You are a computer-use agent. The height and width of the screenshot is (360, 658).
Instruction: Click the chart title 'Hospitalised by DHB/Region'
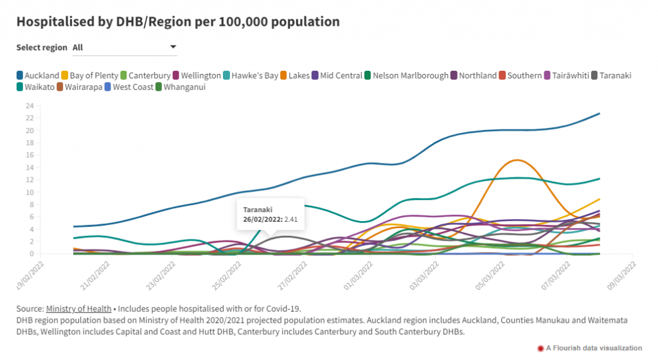(177, 21)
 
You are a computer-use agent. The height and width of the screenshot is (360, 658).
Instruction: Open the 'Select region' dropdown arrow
(173, 47)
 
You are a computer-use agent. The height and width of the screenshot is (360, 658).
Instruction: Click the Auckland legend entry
(39, 75)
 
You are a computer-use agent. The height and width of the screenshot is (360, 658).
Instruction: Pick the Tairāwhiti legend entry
(571, 75)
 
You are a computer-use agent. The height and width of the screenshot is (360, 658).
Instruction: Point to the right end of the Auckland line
(599, 114)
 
